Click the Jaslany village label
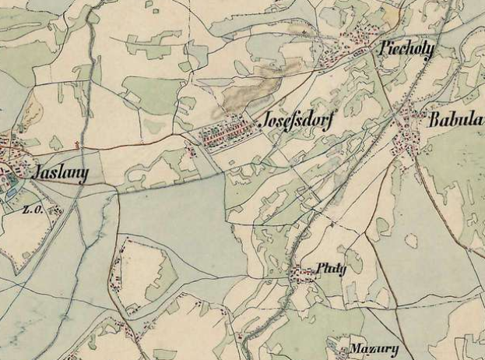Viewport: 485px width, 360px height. click(56, 172)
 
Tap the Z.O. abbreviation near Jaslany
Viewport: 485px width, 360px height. click(31, 209)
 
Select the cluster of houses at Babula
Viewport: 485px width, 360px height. click(406, 140)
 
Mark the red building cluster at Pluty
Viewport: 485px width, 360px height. click(300, 274)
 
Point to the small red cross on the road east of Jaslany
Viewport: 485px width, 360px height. click(76, 144)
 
